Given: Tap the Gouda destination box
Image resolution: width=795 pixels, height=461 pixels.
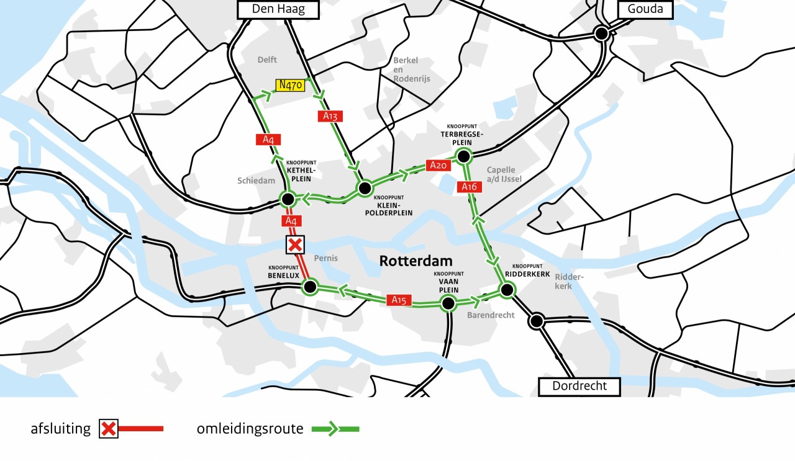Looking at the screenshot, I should pyautogui.click(x=645, y=9).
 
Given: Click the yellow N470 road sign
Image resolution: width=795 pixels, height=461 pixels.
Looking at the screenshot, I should pyautogui.click(x=291, y=85).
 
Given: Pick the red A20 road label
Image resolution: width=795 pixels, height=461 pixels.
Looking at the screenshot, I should pyautogui.click(x=438, y=166).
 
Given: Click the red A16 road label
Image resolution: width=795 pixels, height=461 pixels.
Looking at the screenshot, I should pyautogui.click(x=469, y=187).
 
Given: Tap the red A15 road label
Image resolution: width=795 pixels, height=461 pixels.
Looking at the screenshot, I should pyautogui.click(x=399, y=300).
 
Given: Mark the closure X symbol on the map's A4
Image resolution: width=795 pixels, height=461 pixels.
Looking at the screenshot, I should pyautogui.click(x=294, y=245).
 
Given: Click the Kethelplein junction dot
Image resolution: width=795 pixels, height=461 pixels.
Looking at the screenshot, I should pyautogui.click(x=288, y=199).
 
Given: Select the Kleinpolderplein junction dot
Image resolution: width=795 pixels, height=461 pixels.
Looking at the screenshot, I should pyautogui.click(x=365, y=188).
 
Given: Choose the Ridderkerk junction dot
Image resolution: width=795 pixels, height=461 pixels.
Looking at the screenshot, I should pyautogui.click(x=507, y=289).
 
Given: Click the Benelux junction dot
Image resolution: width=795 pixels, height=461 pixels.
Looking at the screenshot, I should pyautogui.click(x=309, y=286).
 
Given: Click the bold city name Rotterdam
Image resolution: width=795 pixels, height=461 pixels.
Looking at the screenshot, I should pyautogui.click(x=416, y=261).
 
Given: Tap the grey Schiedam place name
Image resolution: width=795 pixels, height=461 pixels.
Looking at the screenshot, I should pyautogui.click(x=255, y=181).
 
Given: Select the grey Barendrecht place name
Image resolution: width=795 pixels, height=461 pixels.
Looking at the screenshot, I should pyautogui.click(x=491, y=315).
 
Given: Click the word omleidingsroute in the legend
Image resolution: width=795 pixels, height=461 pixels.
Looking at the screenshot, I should pyautogui.click(x=250, y=429).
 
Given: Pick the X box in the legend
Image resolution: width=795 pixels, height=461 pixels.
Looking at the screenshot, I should pyautogui.click(x=109, y=429).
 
